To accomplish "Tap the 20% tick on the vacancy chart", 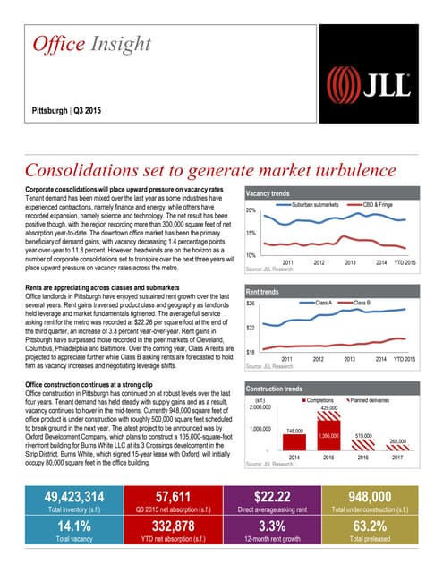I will tap(251, 210).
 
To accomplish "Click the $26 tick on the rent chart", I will tap(251, 304).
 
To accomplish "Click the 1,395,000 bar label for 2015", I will tap(328, 435).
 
